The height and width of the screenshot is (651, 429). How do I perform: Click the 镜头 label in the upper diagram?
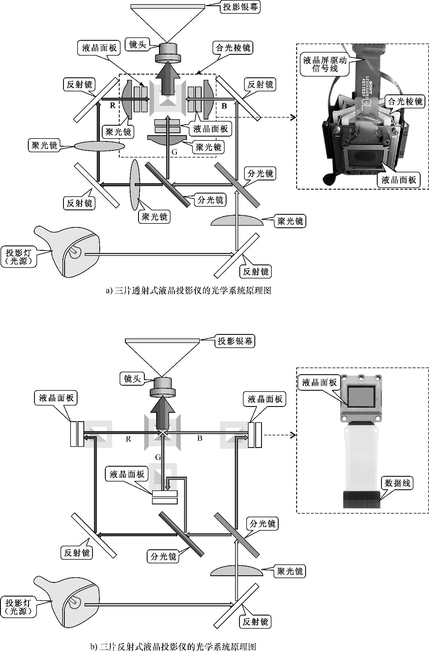point(138,44)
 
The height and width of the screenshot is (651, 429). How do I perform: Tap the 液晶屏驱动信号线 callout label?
point(325,65)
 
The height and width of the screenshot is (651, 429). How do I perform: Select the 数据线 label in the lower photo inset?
point(397,483)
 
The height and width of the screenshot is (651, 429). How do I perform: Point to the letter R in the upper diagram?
point(113,105)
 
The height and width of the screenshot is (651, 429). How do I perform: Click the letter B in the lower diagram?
point(200,438)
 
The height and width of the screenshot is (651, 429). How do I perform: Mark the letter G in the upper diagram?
point(174,152)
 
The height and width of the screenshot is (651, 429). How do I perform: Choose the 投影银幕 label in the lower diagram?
point(235,341)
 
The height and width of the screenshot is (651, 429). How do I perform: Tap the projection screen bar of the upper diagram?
point(167,6)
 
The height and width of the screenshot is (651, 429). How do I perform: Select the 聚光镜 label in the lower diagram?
point(290,571)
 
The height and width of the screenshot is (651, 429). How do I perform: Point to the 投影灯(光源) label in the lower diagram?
point(19,607)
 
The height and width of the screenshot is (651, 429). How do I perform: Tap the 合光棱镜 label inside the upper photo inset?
point(405,101)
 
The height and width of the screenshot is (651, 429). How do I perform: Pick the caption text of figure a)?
point(189,291)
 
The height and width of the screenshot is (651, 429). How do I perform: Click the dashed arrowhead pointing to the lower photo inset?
point(293,435)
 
